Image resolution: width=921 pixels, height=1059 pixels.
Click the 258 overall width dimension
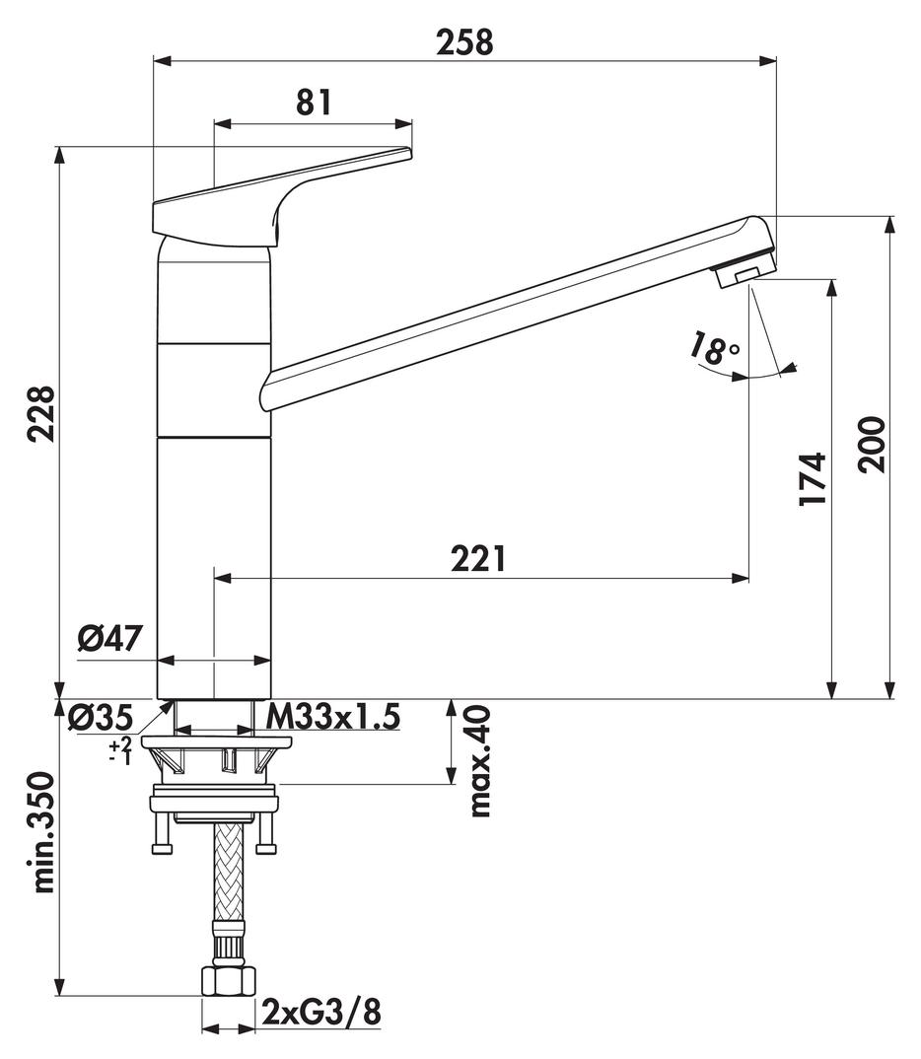pos(463,41)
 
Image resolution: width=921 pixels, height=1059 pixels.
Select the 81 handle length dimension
pos(313,103)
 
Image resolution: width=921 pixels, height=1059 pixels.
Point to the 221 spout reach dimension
pos(478,559)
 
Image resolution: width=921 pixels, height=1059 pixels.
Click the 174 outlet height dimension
pos(812,479)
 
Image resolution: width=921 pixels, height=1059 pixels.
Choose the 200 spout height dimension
pos(872,445)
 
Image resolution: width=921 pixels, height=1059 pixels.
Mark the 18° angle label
pos(714,349)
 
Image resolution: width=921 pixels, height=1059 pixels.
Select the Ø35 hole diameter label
pos(102,718)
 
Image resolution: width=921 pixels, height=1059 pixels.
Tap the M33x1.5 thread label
pos(333,718)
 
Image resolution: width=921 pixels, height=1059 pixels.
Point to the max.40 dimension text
pos(479,760)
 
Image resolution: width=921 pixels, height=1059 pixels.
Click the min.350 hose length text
pos(42,832)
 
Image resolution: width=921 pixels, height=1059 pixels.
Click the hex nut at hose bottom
pos(228,980)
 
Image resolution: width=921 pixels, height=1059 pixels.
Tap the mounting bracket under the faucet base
pos(214,779)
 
